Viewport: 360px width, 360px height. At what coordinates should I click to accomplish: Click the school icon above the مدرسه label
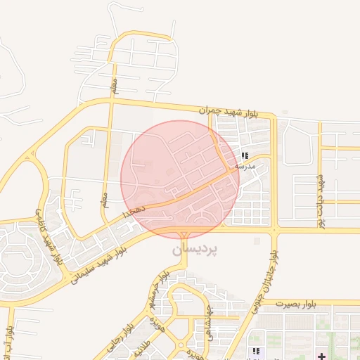point(245,155)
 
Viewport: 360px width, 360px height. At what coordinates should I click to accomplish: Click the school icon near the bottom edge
point(256,350)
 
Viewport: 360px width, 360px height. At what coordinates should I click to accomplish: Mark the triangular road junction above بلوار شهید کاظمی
point(31,153)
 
